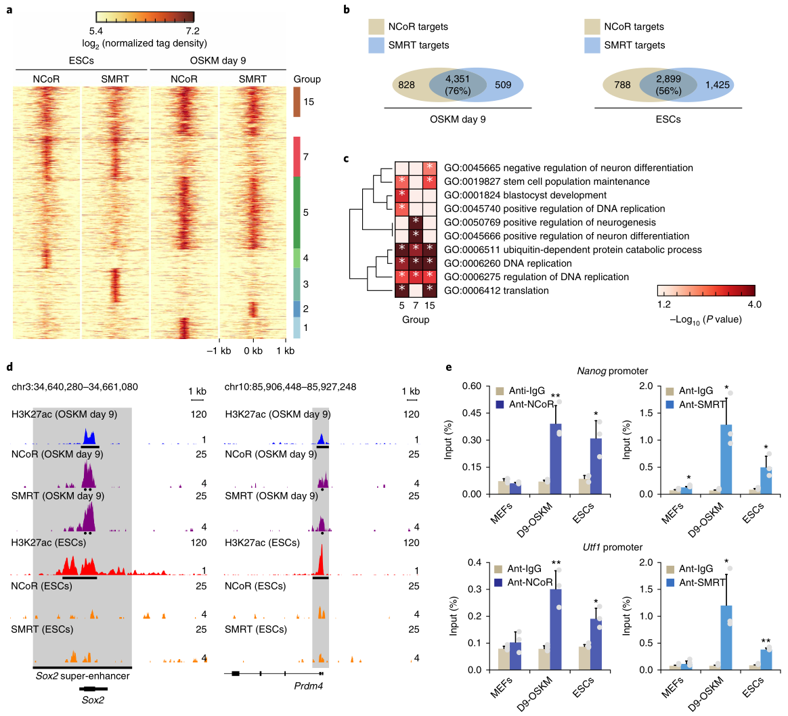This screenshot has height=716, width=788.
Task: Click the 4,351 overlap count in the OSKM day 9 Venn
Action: (x=458, y=79)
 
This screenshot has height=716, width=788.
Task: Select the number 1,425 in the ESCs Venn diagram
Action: (x=718, y=85)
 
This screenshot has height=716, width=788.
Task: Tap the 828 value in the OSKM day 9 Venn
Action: (x=407, y=85)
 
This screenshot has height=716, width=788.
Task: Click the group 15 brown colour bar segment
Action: (x=297, y=102)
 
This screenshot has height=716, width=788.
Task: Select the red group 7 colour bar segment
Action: (x=297, y=156)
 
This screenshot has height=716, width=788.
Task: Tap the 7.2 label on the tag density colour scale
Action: (x=192, y=30)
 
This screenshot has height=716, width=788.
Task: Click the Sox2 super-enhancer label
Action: (x=82, y=675)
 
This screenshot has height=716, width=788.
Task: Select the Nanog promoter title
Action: (x=613, y=371)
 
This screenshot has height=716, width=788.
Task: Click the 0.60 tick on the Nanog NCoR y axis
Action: (x=473, y=386)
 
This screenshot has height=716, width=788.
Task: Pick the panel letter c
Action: (x=347, y=159)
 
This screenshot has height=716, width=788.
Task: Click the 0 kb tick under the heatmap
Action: (x=253, y=351)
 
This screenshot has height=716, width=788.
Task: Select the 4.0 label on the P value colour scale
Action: (x=753, y=305)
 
